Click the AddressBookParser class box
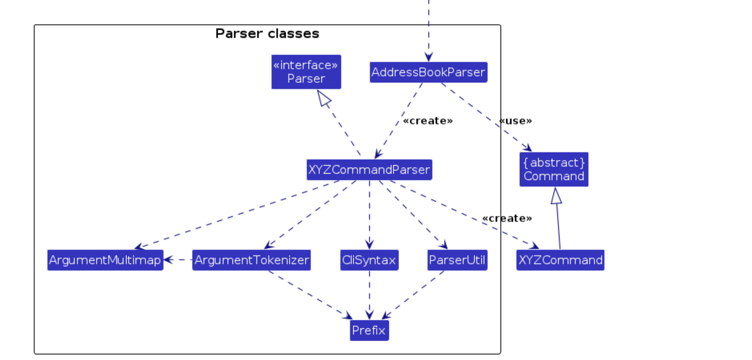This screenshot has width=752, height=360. (x=428, y=72)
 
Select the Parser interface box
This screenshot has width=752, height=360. (x=306, y=72)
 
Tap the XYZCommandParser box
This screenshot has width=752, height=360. (x=369, y=169)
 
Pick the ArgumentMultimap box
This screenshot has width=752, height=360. (x=105, y=260)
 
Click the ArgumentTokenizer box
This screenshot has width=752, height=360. (x=251, y=260)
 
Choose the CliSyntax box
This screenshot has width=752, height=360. (x=369, y=260)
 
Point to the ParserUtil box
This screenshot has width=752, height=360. (x=457, y=260)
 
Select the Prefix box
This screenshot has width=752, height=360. (x=369, y=330)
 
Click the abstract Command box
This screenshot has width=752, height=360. (x=553, y=169)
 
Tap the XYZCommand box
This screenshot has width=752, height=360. (x=560, y=260)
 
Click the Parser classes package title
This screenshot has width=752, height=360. (x=267, y=34)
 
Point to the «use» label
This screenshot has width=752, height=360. (x=516, y=121)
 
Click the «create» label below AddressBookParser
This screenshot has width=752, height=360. (x=428, y=121)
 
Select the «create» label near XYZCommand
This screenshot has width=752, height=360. (x=507, y=218)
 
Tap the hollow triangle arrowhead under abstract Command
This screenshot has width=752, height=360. (x=556, y=196)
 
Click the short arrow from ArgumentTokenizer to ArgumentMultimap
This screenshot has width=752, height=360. (x=177, y=260)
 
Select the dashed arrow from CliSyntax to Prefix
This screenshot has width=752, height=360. (x=369, y=294)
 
